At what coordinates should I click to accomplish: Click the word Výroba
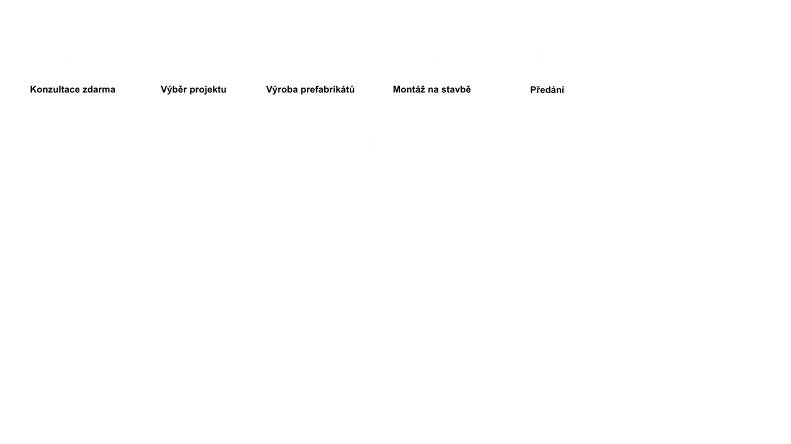pos(282,89)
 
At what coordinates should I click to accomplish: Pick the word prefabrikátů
pos(327,90)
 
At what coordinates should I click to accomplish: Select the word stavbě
pos(456,89)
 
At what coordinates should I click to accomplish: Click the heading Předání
pos(547,90)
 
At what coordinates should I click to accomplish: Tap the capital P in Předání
pos(534,91)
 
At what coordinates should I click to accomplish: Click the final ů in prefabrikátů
pos(352,89)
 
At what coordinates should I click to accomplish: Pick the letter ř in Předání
pos(539,90)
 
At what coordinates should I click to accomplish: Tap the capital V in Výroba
pos(270,90)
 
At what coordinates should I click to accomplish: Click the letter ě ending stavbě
pos(468,89)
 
